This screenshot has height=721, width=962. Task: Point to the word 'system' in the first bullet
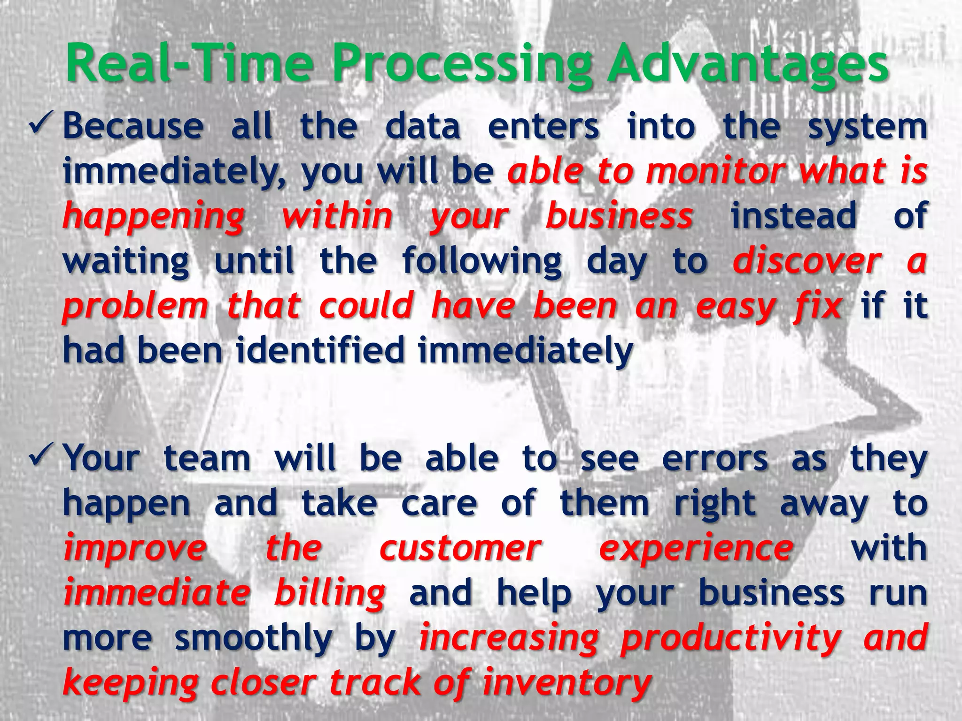[867, 127]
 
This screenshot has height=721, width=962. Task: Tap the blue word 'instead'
[793, 215]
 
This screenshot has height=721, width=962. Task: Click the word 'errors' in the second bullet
[714, 458]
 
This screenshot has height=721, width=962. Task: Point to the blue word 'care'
[439, 503]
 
